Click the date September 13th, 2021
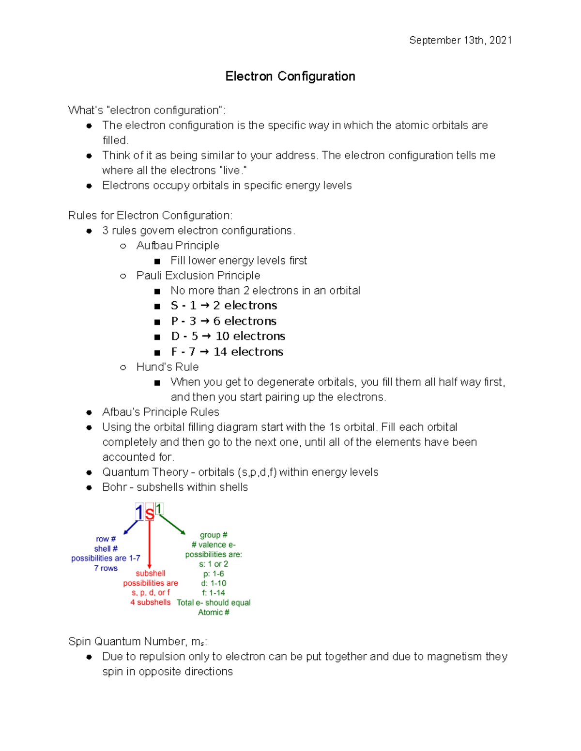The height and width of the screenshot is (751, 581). click(x=460, y=40)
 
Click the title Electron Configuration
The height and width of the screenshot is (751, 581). click(x=290, y=76)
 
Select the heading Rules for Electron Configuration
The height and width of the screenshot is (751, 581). click(x=150, y=215)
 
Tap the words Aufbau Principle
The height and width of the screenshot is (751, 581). click(x=178, y=245)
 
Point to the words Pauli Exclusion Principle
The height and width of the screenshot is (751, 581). click(x=198, y=275)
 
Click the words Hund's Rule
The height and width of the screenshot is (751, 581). click(x=168, y=367)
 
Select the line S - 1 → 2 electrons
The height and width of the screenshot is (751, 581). click(x=224, y=306)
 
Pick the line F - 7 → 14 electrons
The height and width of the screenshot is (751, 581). click(x=227, y=352)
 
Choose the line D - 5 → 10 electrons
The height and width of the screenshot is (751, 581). click(x=228, y=336)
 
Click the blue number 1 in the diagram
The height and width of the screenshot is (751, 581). click(x=139, y=513)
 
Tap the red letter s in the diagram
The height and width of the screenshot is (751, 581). click(x=150, y=514)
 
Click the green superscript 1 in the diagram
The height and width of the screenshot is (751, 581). click(x=159, y=509)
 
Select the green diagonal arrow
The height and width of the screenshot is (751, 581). click(x=172, y=525)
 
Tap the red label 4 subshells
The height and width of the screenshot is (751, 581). click(x=150, y=602)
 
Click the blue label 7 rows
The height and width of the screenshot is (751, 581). click(x=106, y=568)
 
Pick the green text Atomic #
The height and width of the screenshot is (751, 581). click(x=214, y=612)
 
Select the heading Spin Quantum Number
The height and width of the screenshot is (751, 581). click(x=138, y=642)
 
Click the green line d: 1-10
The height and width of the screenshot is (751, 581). click(x=214, y=583)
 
